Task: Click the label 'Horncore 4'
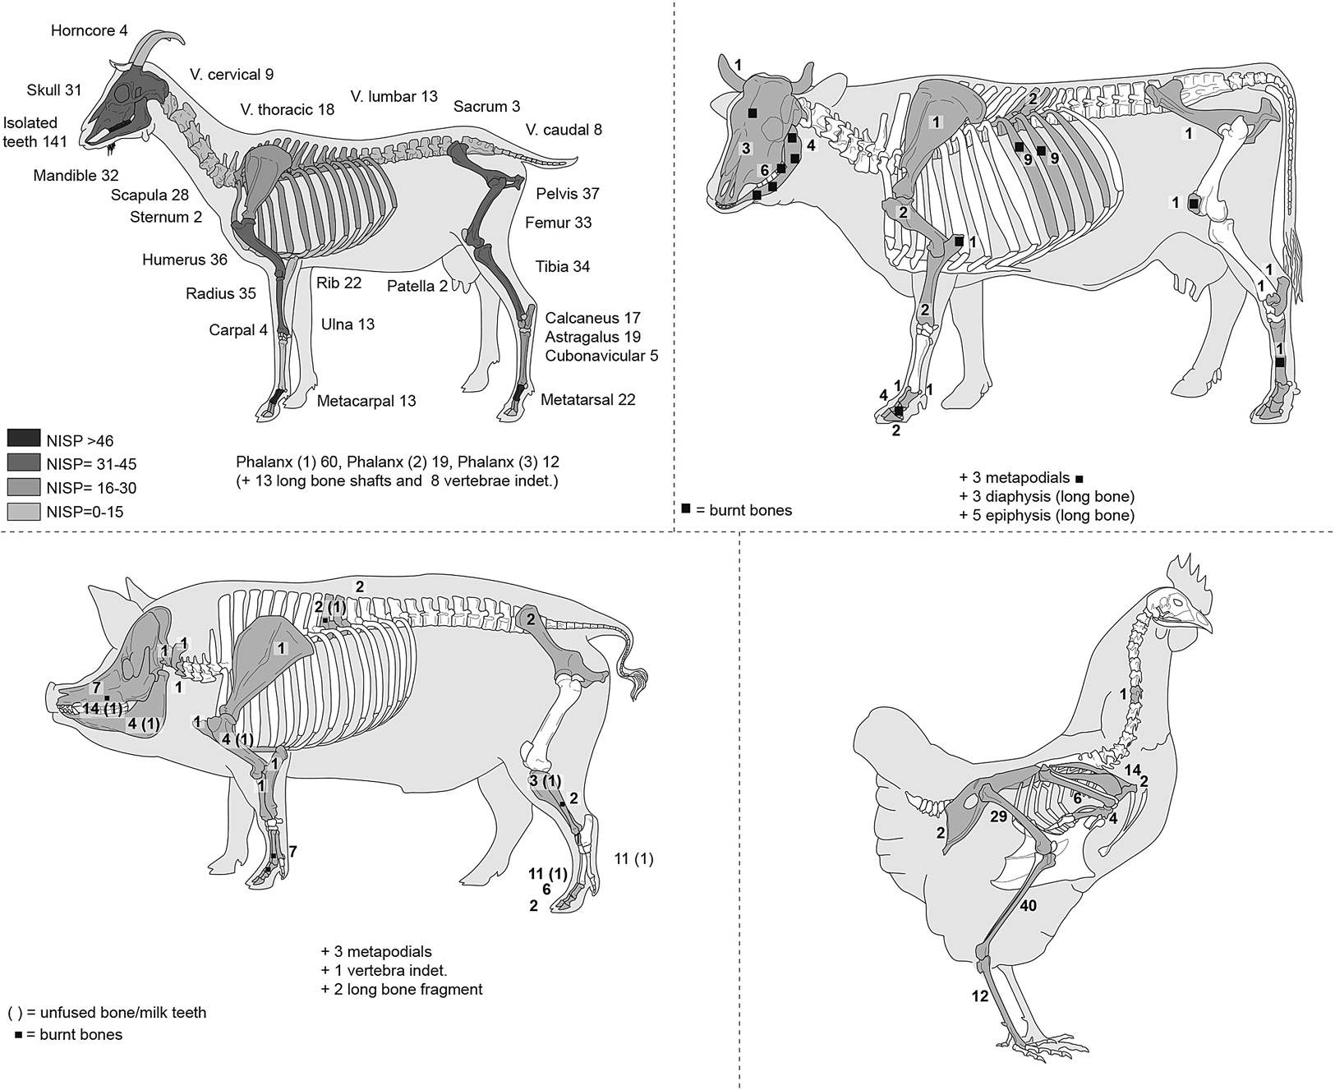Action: pos(89,31)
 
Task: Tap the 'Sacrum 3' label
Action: pos(486,107)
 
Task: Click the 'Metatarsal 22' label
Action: pos(587,400)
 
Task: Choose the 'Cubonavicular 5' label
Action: pos(601,356)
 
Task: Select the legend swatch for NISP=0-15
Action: pos(23,512)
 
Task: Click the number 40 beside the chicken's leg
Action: pos(1028,907)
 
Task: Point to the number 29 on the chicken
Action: pos(999,817)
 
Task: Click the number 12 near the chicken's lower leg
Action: pos(980,996)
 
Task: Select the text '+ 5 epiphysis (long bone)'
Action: pos(1047,516)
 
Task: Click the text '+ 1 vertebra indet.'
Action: pos(383,971)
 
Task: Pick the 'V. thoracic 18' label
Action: pos(288,109)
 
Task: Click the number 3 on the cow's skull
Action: pos(746,149)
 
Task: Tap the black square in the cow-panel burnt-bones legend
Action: pos(686,509)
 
